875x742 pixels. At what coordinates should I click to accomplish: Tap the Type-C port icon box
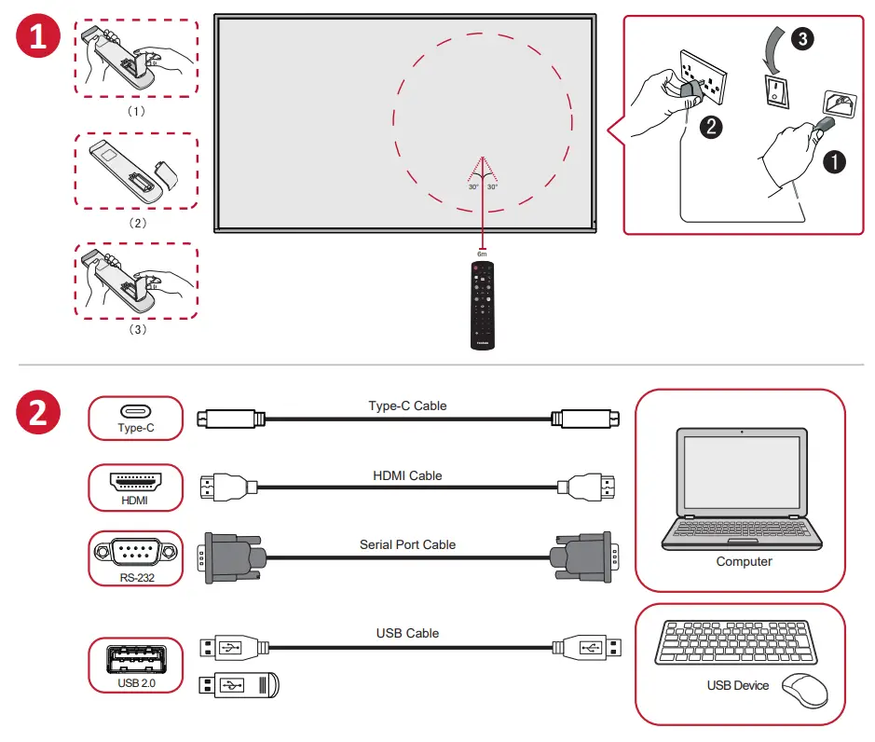[x=136, y=418]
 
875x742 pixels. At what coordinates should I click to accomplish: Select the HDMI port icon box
[x=136, y=488]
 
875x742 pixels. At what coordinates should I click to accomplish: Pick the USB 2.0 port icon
[x=136, y=664]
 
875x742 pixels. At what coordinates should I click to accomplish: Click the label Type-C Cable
[x=407, y=405]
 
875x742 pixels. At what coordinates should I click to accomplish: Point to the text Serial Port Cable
[x=407, y=544]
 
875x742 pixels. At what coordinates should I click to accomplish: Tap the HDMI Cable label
[x=407, y=475]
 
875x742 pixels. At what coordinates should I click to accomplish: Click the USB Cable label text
[x=407, y=633]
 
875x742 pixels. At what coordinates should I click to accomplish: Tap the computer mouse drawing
[x=803, y=690]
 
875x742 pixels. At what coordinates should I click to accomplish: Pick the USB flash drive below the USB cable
[x=239, y=686]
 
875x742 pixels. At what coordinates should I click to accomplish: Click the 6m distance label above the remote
[x=482, y=254]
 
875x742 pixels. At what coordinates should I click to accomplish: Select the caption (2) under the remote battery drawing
[x=137, y=224]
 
